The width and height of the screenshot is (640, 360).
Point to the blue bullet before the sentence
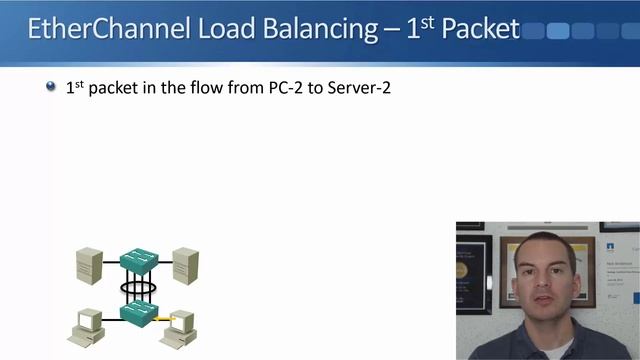point(51,87)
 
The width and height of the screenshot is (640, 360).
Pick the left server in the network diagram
point(89,265)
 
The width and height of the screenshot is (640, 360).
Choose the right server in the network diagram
point(184,265)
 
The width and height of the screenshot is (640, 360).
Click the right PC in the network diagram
point(183,324)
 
